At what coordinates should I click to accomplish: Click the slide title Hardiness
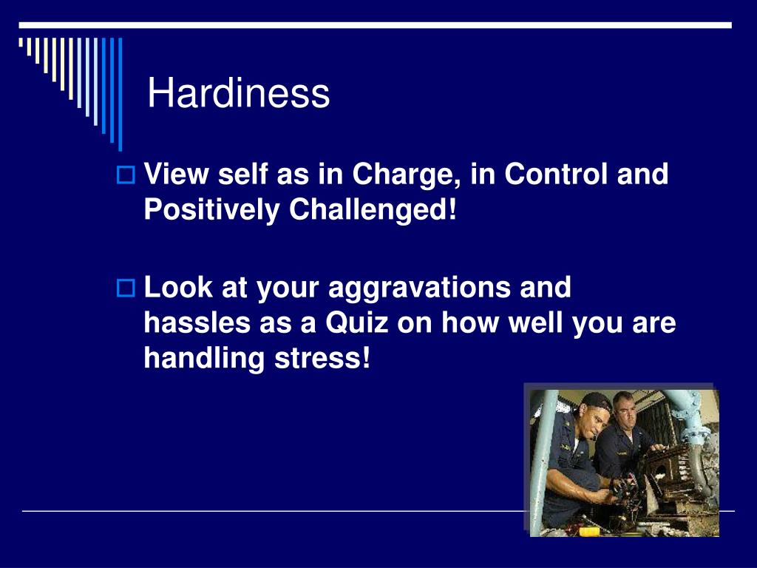click(239, 92)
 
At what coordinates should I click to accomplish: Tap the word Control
click(556, 174)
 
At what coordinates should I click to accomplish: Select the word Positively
click(211, 210)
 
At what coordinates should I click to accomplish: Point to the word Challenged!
click(373, 210)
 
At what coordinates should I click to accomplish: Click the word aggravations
click(419, 288)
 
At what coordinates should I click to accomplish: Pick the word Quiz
click(357, 322)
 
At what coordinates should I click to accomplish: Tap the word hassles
click(197, 322)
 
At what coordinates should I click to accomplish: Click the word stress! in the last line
click(322, 359)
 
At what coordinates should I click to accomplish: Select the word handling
click(204, 359)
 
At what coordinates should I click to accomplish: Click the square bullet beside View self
click(126, 175)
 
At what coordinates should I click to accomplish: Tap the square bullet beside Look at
click(126, 288)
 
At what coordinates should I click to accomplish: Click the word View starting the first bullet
click(176, 174)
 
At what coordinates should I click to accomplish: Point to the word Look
click(178, 288)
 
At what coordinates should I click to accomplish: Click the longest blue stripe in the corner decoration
click(120, 94)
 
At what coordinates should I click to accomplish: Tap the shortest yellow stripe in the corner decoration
click(21, 42)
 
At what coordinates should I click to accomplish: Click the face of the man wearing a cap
click(592, 421)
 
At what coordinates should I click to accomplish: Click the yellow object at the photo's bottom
click(589, 531)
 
